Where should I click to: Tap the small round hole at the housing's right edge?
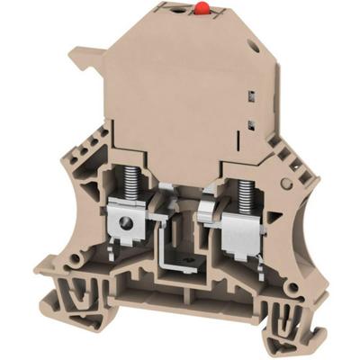286,183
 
